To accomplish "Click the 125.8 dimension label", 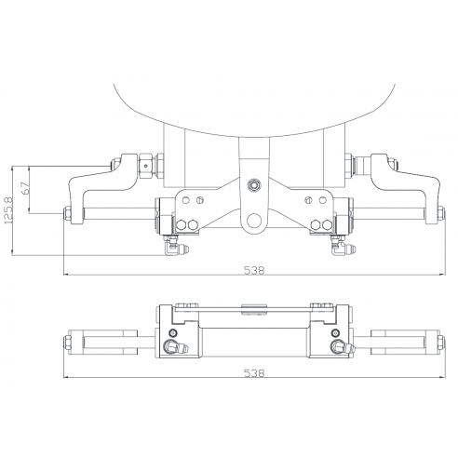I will click(10, 211).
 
